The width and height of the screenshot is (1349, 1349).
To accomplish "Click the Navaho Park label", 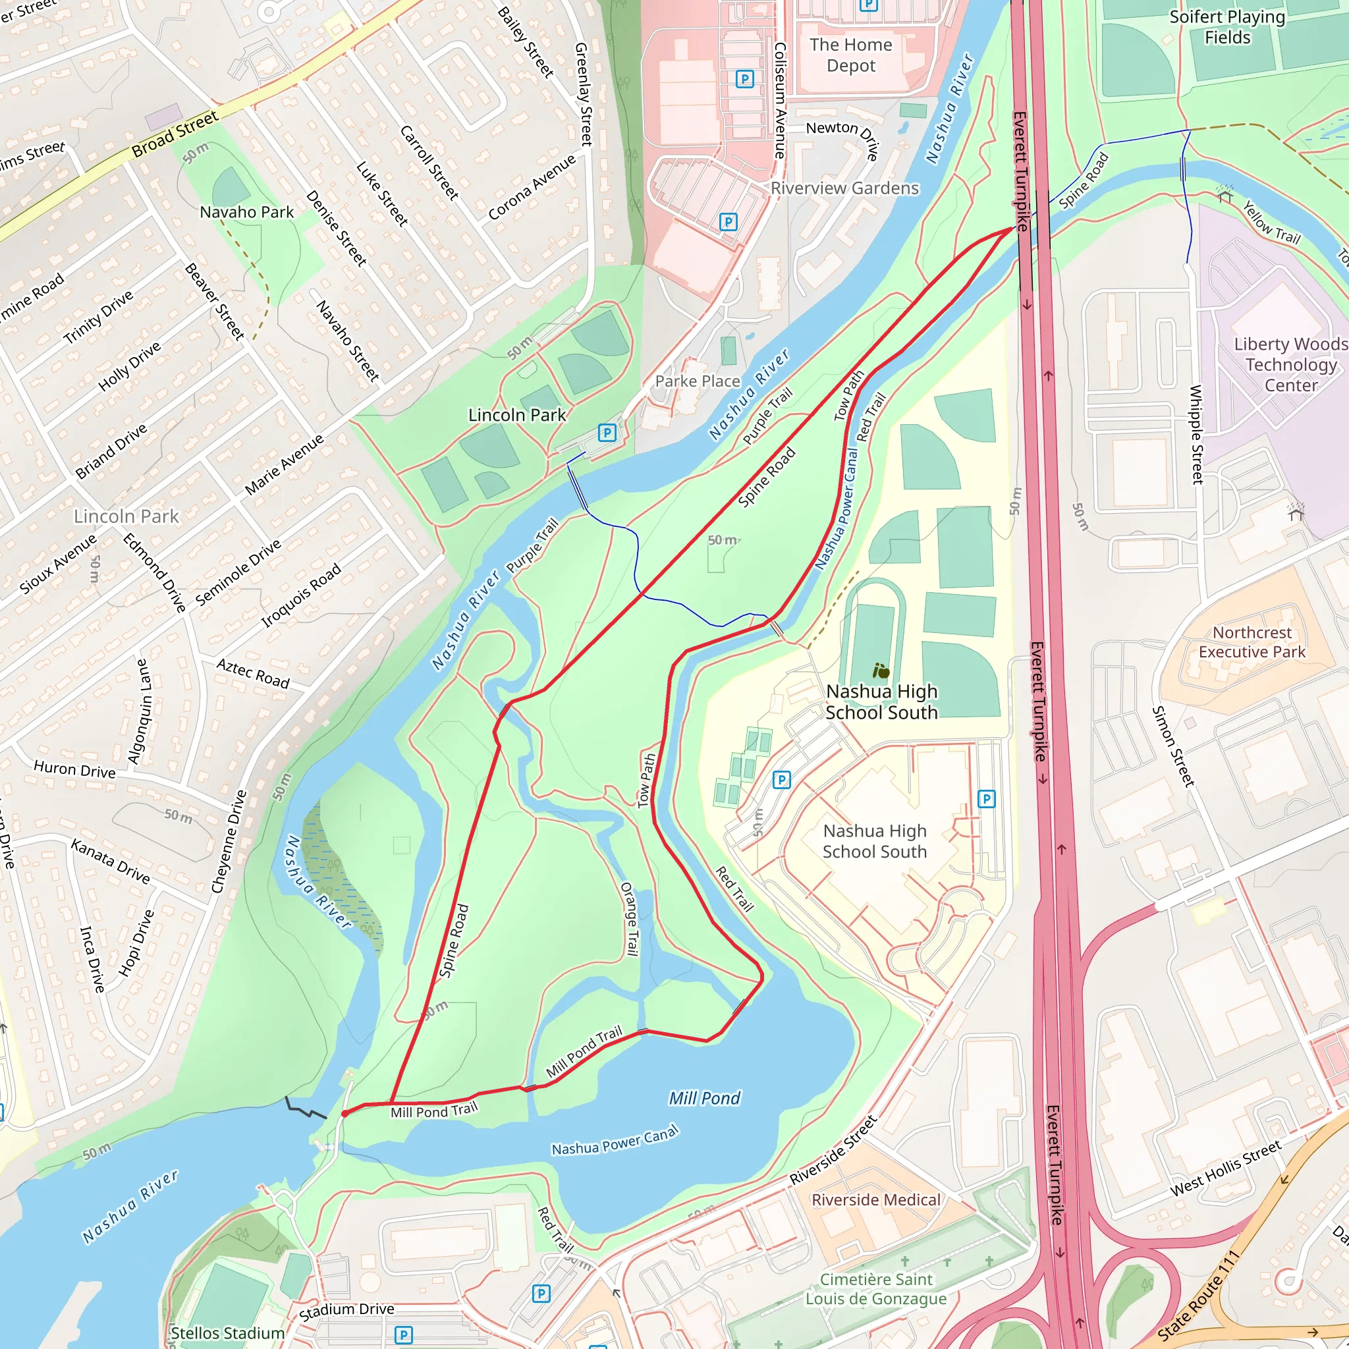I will [246, 212].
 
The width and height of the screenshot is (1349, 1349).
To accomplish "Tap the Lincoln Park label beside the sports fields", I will [516, 415].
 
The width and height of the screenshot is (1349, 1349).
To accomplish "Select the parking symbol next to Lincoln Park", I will [607, 433].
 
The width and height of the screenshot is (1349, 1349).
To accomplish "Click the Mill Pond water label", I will [705, 1098].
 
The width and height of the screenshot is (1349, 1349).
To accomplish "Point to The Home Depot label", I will [850, 55].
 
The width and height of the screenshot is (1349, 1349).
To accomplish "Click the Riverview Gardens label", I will [845, 188].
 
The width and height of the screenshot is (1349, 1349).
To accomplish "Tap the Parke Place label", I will [697, 381].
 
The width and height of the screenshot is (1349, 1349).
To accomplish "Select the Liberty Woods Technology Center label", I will [1290, 364].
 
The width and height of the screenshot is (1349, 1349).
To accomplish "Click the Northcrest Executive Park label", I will [1252, 642].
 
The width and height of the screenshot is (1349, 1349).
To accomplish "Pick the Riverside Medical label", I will [875, 1199].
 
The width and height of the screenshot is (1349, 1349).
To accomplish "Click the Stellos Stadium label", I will [228, 1333].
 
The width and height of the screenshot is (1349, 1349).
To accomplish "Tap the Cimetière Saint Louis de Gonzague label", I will [875, 1288].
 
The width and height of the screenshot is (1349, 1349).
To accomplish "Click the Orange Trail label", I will [630, 919].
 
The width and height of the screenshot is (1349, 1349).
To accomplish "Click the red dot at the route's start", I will [345, 1114].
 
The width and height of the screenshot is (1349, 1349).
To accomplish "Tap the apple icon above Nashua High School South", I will [881, 672].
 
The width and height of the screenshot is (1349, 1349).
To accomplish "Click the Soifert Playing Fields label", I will [1226, 27].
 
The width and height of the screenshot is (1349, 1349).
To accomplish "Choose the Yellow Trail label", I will [1271, 222].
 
